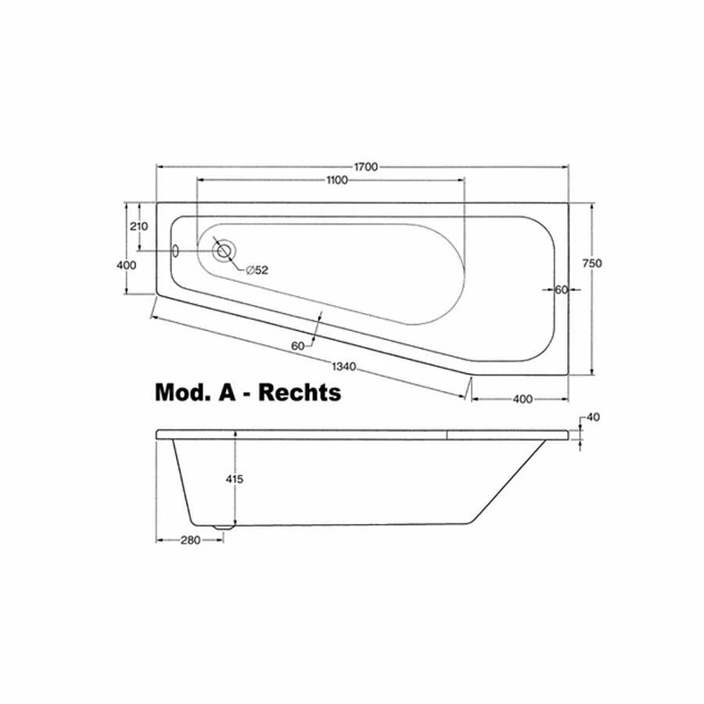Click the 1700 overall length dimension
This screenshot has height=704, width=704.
pyautogui.click(x=366, y=167)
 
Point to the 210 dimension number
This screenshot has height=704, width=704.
pyautogui.click(x=140, y=227)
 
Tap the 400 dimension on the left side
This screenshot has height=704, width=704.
pyautogui.click(x=126, y=265)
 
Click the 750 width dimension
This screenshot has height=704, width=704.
pyautogui.click(x=592, y=264)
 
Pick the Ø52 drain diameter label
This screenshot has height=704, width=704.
pyautogui.click(x=257, y=270)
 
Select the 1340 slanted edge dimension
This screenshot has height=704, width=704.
pyautogui.click(x=345, y=366)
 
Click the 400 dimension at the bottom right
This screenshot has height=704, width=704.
pyautogui.click(x=523, y=399)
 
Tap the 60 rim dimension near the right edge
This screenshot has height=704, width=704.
pyautogui.click(x=560, y=289)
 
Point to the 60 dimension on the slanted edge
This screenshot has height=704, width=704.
pyautogui.click(x=298, y=345)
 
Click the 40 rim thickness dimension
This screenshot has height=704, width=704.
pyautogui.click(x=592, y=417)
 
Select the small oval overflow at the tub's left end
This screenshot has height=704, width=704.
pyautogui.click(x=176, y=250)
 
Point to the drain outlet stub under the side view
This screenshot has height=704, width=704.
pyautogui.click(x=224, y=526)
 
